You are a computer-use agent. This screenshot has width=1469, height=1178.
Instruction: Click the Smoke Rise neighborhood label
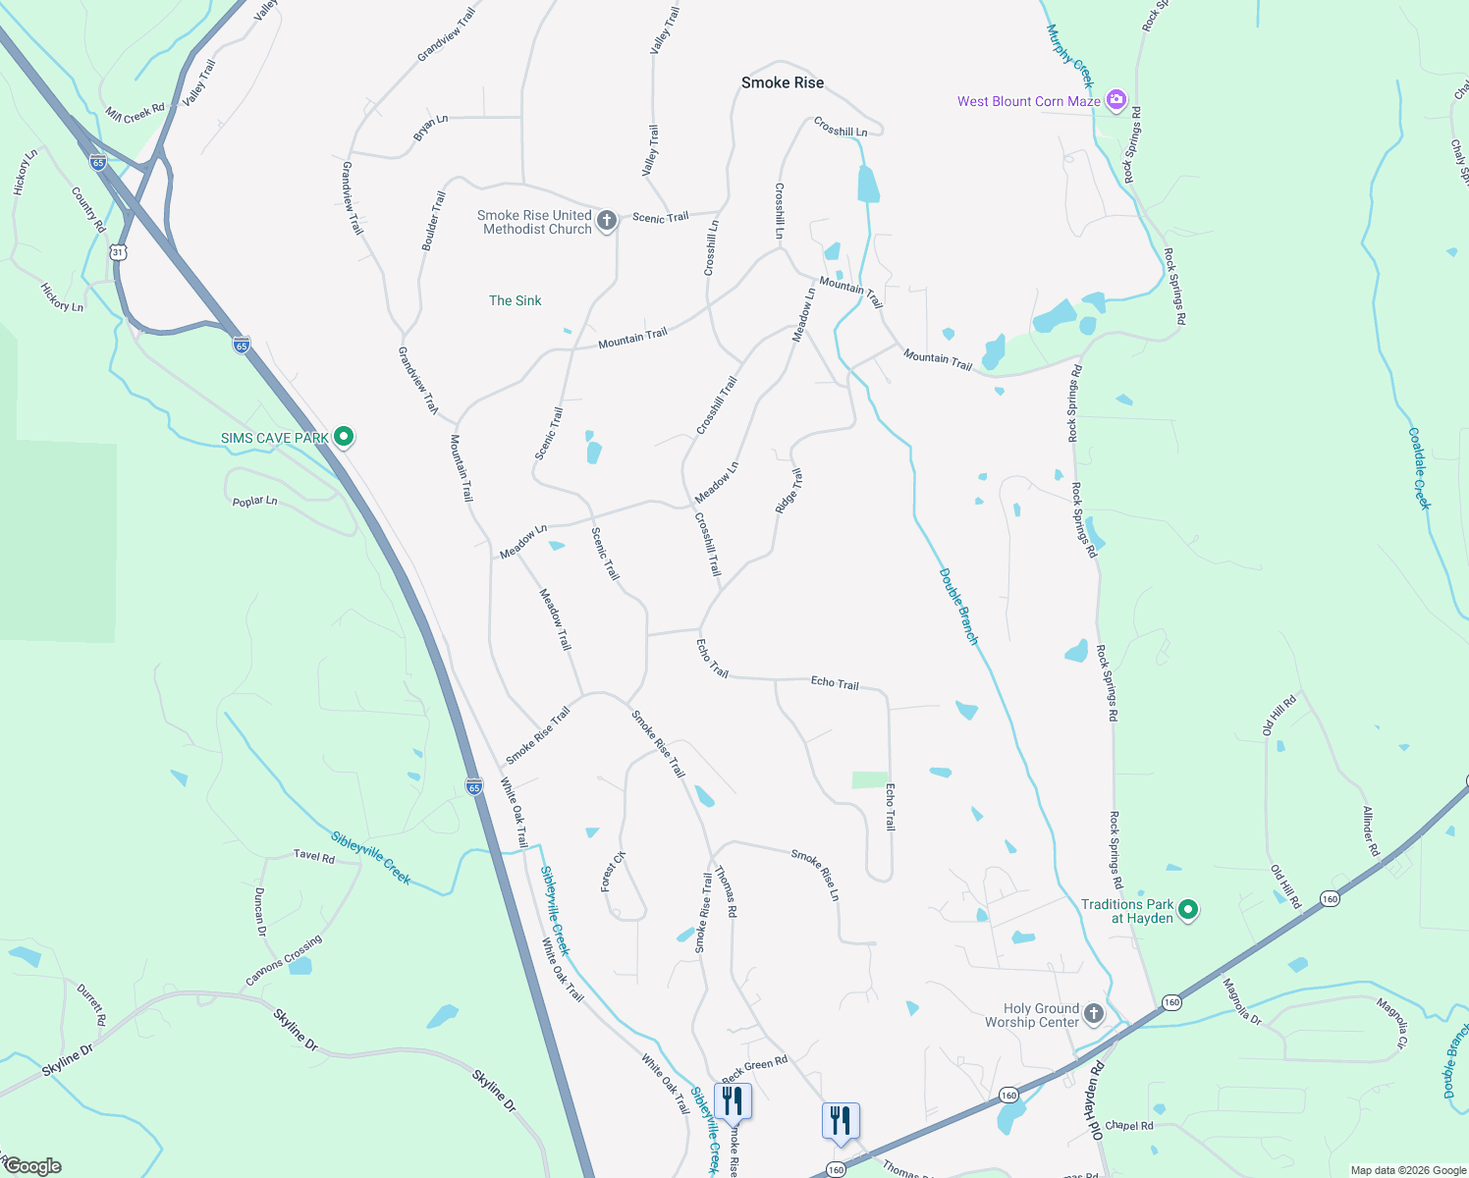pos(783,82)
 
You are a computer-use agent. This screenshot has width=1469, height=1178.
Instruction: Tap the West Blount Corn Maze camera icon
pos(1115,100)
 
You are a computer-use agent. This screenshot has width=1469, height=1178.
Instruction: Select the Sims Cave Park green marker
pos(344,437)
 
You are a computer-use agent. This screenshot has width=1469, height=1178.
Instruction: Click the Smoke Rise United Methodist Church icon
pos(607,220)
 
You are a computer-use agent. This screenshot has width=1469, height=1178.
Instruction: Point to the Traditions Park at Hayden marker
pos(1188,910)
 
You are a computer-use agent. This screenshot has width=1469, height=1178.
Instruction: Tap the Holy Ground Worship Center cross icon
pos(1094,1013)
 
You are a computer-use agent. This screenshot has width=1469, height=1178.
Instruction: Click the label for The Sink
pos(516,300)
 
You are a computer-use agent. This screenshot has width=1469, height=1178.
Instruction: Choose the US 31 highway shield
pos(119,252)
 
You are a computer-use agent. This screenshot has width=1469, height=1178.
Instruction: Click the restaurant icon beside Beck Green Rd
pos(733,1100)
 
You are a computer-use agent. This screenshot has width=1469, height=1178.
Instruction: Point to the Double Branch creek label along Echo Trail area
pos(959,607)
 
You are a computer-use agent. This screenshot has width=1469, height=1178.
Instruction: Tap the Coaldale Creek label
pos(1420,468)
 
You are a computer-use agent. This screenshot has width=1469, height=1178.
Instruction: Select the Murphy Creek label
pos(1070,56)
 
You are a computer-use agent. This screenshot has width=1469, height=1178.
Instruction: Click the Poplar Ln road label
pos(255,502)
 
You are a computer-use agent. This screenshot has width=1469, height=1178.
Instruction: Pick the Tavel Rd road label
pos(314,856)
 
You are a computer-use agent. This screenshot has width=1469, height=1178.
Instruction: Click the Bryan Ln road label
pos(430,128)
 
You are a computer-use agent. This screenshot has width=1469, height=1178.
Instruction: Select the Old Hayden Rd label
pos(1093,1100)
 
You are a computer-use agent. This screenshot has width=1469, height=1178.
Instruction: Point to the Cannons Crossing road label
pos(284,961)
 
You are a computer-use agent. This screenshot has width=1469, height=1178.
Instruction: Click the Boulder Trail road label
pos(433,221)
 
